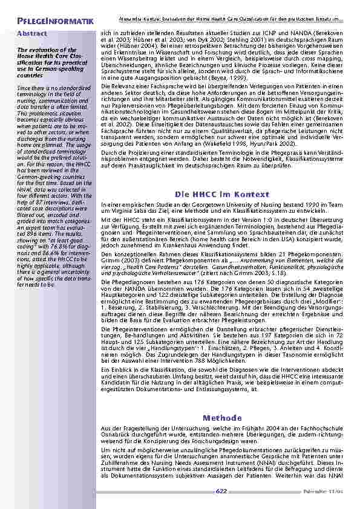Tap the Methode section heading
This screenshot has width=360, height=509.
[222, 417]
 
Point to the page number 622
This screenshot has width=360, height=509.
[221, 491]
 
